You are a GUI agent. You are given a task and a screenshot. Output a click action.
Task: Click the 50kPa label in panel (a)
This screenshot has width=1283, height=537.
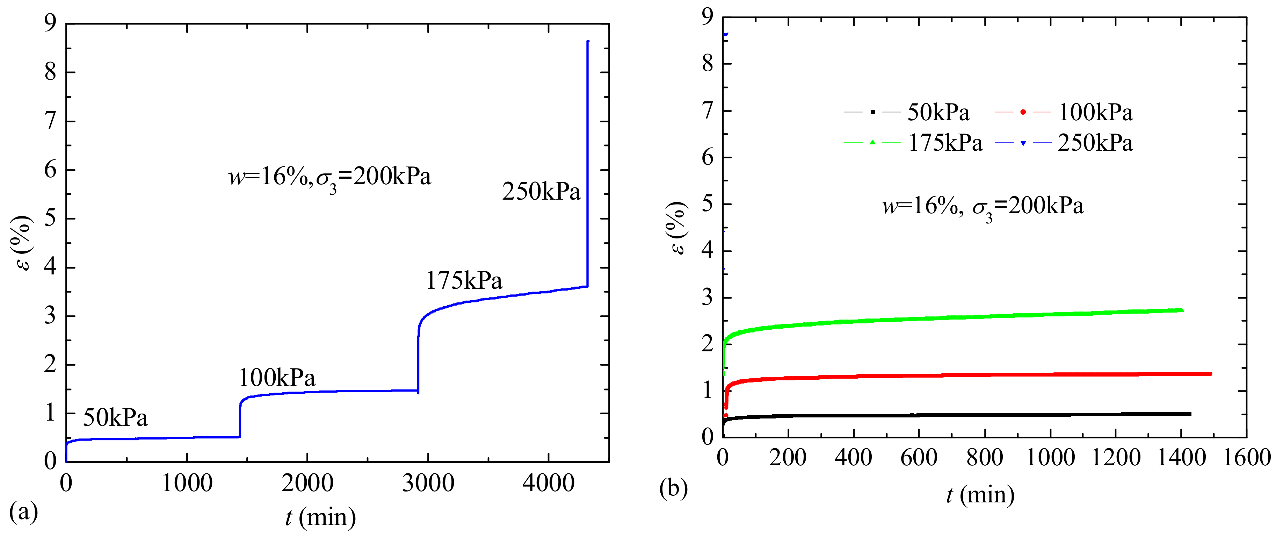[115, 417]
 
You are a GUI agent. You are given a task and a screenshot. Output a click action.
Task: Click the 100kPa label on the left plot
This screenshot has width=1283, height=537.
[277, 378]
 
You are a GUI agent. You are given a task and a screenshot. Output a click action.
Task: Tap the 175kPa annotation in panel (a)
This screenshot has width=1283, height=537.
[464, 280]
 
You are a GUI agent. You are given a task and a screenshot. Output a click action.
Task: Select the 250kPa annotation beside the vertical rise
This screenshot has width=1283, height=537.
[541, 191]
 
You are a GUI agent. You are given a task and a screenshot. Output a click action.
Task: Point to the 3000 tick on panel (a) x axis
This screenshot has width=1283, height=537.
[428, 483]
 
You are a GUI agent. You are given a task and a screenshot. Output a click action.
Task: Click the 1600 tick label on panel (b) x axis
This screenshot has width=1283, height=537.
[1247, 457]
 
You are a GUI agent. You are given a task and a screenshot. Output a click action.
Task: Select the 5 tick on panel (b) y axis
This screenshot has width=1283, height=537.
[707, 204]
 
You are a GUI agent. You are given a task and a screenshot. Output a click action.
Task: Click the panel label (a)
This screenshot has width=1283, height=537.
[23, 511]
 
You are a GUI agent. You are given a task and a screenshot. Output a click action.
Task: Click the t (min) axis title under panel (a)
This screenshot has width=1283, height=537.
[320, 517]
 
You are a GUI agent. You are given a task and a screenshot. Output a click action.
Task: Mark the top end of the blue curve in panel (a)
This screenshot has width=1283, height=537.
[588, 42]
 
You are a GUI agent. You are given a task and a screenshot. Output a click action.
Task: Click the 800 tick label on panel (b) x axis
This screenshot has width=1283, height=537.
[985, 457]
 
